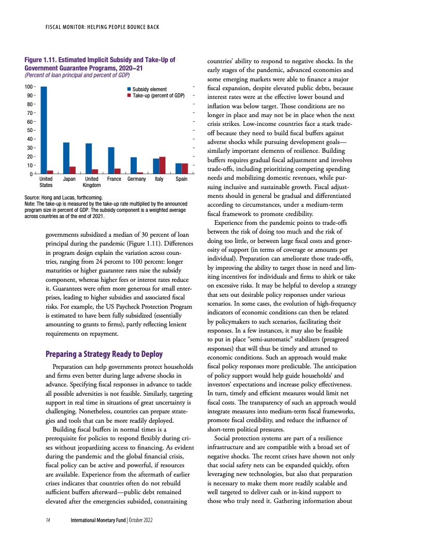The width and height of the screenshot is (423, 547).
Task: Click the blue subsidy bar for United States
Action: [44, 130]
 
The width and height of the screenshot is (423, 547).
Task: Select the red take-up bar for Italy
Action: [162, 165]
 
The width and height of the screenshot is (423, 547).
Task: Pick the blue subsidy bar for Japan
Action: [66, 158]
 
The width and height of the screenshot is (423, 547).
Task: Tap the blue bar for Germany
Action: [133, 165]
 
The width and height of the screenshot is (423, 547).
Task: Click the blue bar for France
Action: [111, 161]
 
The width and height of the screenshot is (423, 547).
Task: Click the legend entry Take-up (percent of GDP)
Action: [159, 96]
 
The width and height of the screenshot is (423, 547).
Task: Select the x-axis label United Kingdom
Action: [91, 182]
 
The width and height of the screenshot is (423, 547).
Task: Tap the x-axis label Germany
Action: [136, 179]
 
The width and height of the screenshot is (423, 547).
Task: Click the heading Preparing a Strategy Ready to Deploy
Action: [104, 355]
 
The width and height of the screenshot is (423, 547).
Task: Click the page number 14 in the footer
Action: [48, 520]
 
